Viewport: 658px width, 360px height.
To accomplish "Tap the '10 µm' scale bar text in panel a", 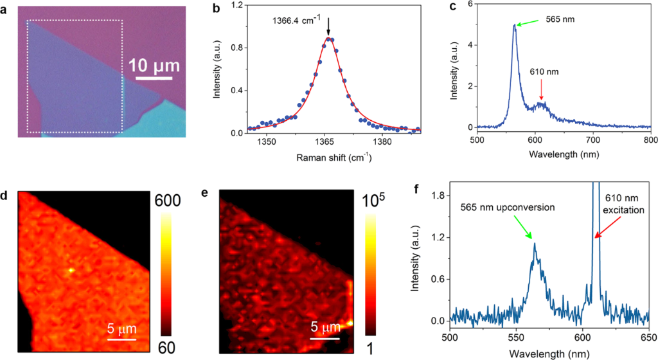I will pos(154,65).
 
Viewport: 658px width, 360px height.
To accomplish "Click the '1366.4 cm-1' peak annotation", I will pos(294,19).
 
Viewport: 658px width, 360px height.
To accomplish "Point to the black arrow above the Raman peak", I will pos(328,27).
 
